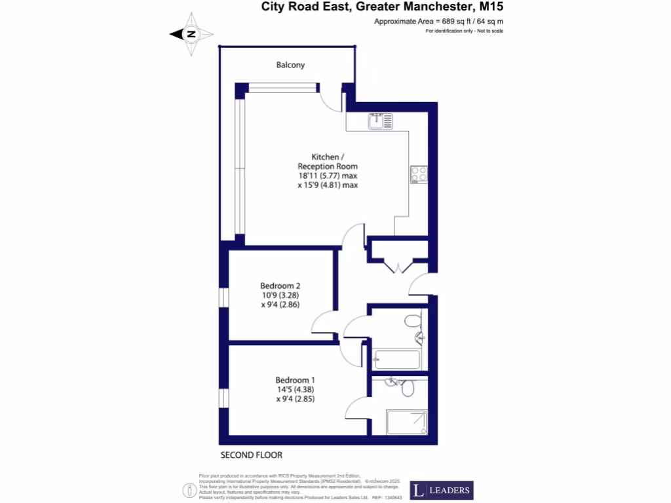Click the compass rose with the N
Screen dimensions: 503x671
tap(191, 34)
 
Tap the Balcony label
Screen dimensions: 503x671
tap(290, 65)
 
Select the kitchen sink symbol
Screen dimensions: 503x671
tap(379, 121)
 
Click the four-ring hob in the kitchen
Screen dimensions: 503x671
tap(418, 174)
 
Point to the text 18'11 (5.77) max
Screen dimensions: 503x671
tap(328, 176)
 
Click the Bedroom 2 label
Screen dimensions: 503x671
tap(280, 286)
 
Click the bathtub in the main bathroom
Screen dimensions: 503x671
tap(396, 360)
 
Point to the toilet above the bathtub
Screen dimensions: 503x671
tap(412, 321)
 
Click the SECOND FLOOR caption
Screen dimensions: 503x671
tap(251, 455)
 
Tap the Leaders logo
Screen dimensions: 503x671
tap(441, 490)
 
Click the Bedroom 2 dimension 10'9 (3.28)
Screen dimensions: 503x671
tap(280, 295)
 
